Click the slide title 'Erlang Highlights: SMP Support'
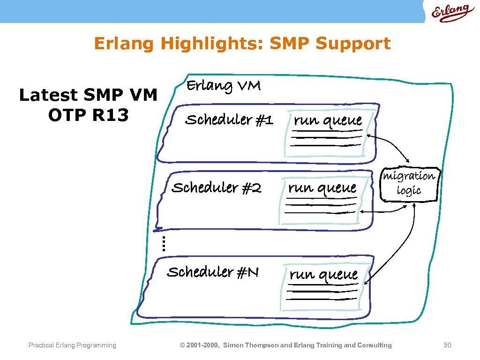(242, 43)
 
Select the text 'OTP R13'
(88, 115)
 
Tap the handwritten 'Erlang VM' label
(224, 86)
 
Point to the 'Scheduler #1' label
(229, 120)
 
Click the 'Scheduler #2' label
(217, 188)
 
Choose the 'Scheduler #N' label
(213, 272)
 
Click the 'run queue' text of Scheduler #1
(328, 120)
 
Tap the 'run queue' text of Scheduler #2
(322, 188)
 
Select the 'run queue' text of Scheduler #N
(323, 274)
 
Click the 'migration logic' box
(409, 183)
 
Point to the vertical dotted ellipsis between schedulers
(163, 244)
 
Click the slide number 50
(447, 345)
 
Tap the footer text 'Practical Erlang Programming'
(72, 345)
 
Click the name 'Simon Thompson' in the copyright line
(250, 345)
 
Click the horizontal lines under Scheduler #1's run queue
(326, 140)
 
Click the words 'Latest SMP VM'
(88, 95)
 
